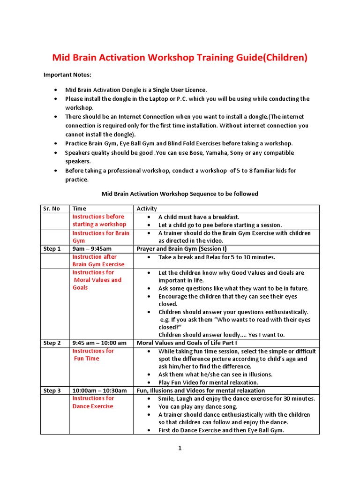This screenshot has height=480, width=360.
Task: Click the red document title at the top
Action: click(180, 58)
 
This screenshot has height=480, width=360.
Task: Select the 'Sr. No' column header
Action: click(52, 209)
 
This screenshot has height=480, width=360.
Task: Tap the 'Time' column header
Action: click(79, 209)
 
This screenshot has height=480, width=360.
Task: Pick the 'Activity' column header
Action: click(147, 209)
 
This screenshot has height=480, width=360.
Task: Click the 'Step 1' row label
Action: click(52, 249)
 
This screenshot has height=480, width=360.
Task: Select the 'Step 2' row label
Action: click(52, 343)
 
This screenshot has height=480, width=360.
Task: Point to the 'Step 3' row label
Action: click(52, 390)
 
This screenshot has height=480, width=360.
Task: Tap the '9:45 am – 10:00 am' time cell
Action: click(99, 343)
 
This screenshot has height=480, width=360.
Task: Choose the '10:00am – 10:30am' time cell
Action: click(99, 390)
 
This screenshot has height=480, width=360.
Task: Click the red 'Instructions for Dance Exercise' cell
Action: click(93, 402)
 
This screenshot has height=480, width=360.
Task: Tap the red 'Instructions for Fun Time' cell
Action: click(93, 355)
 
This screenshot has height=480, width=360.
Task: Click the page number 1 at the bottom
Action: click(180, 448)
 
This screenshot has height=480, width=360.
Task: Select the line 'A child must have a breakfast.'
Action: click(199, 217)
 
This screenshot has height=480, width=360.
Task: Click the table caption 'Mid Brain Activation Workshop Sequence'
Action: click(180, 194)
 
